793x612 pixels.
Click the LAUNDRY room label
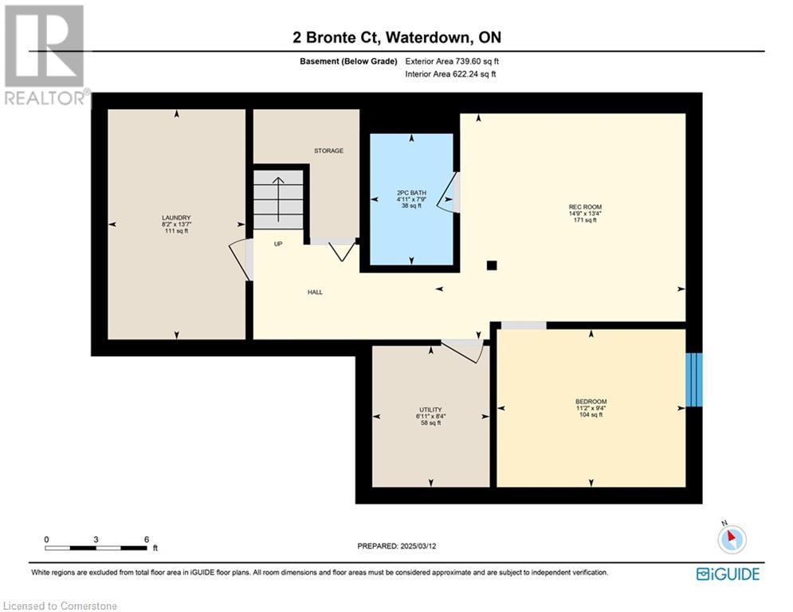coord(176,218)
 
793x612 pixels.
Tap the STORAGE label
coord(328,151)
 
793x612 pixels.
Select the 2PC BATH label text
coord(411,193)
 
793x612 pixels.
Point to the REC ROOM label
coord(585,207)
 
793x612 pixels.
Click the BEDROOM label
coord(591,402)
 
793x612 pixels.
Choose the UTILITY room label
coord(430,410)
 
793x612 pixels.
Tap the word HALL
coord(315,292)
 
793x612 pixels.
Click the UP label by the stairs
coord(278,244)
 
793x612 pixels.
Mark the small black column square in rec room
coord(492,265)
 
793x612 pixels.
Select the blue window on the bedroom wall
coord(694,379)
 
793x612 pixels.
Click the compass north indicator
coord(732,538)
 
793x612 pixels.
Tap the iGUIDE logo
coord(728,574)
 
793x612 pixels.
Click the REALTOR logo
coord(45,55)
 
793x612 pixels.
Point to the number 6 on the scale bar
coord(147,539)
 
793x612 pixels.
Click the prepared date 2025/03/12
coord(418,546)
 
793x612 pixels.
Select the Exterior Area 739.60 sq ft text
coord(452,61)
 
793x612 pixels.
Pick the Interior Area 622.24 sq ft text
coord(450,74)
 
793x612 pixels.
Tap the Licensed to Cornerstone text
coord(60,606)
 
